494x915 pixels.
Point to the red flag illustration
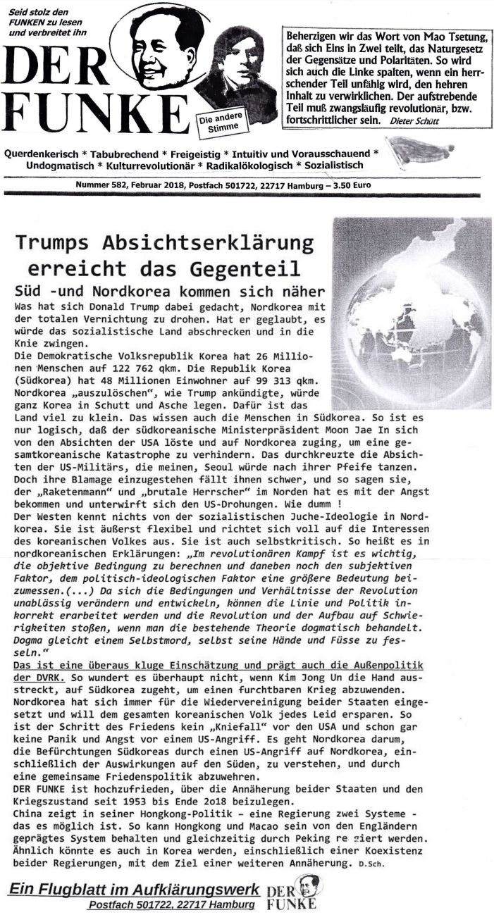(419, 149)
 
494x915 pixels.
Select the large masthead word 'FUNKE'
(92, 111)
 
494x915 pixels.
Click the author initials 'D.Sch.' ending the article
(373, 863)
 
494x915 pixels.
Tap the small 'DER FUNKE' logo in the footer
(292, 891)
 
